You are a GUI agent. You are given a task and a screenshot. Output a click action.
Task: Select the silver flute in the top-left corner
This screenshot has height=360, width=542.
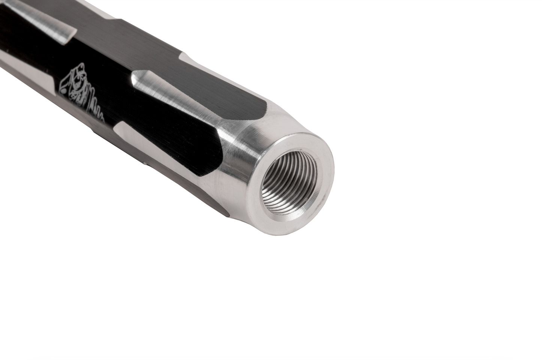(41, 19)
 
